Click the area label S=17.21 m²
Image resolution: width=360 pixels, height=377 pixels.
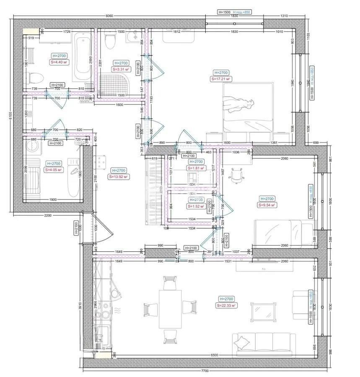222,79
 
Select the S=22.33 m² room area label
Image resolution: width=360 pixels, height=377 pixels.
226,306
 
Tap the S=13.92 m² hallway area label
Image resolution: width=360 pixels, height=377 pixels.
118,177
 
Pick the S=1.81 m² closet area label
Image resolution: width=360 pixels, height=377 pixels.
196,168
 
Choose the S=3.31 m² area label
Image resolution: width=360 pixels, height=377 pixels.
121,70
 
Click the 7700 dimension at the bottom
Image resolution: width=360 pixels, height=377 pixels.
205,371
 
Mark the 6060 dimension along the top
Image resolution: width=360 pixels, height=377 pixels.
109,15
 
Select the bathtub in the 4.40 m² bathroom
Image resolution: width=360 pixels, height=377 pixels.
83,58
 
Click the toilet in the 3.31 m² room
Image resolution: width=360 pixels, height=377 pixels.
110,41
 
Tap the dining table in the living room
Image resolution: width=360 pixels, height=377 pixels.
170,309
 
